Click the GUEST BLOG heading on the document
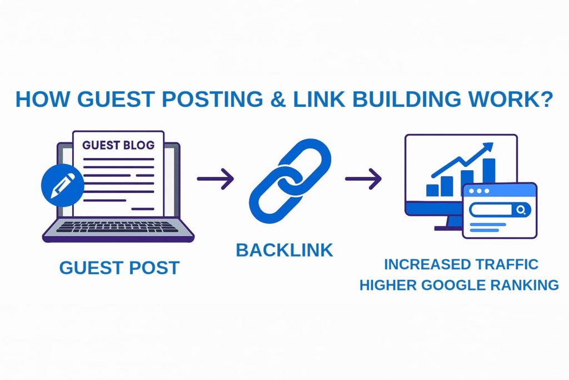tap(118, 145)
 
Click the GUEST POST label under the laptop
tap(119, 268)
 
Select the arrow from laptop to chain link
tap(215, 179)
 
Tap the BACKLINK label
tap(284, 250)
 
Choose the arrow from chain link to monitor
tap(363, 179)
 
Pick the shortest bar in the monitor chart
tap(432, 190)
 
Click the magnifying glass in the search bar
tap(521, 210)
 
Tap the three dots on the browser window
tap(478, 191)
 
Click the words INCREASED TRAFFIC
tap(461, 264)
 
